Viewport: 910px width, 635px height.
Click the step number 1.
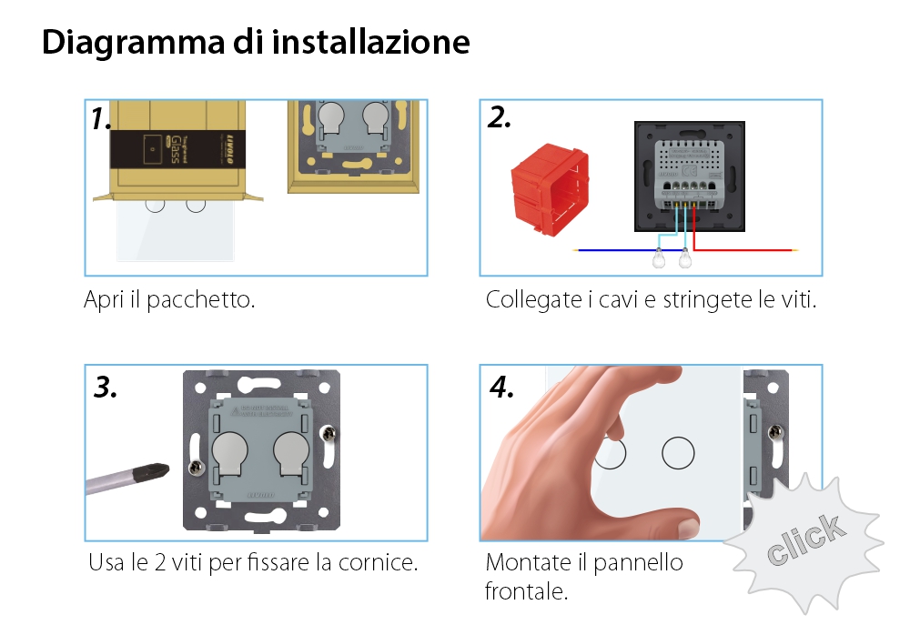coord(101,119)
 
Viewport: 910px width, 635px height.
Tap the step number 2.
coord(500,117)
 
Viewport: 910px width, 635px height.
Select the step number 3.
coord(106,388)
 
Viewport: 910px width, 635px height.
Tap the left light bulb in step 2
coord(658,260)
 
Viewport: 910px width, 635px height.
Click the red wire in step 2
coord(746,248)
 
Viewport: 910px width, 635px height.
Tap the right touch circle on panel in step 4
coord(677,452)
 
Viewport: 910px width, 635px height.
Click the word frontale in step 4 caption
coord(526,592)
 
